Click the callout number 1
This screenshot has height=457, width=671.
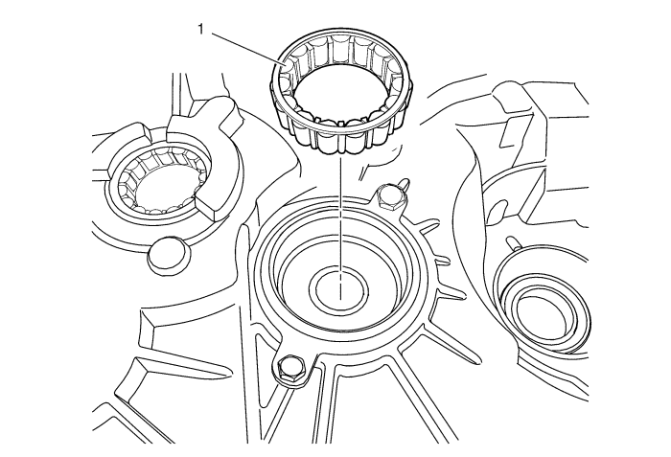[200, 30]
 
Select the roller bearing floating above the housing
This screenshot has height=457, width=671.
[341, 93]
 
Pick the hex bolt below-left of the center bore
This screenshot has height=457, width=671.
[291, 369]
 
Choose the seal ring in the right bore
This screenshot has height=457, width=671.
[541, 311]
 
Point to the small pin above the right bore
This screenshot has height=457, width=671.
[513, 242]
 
